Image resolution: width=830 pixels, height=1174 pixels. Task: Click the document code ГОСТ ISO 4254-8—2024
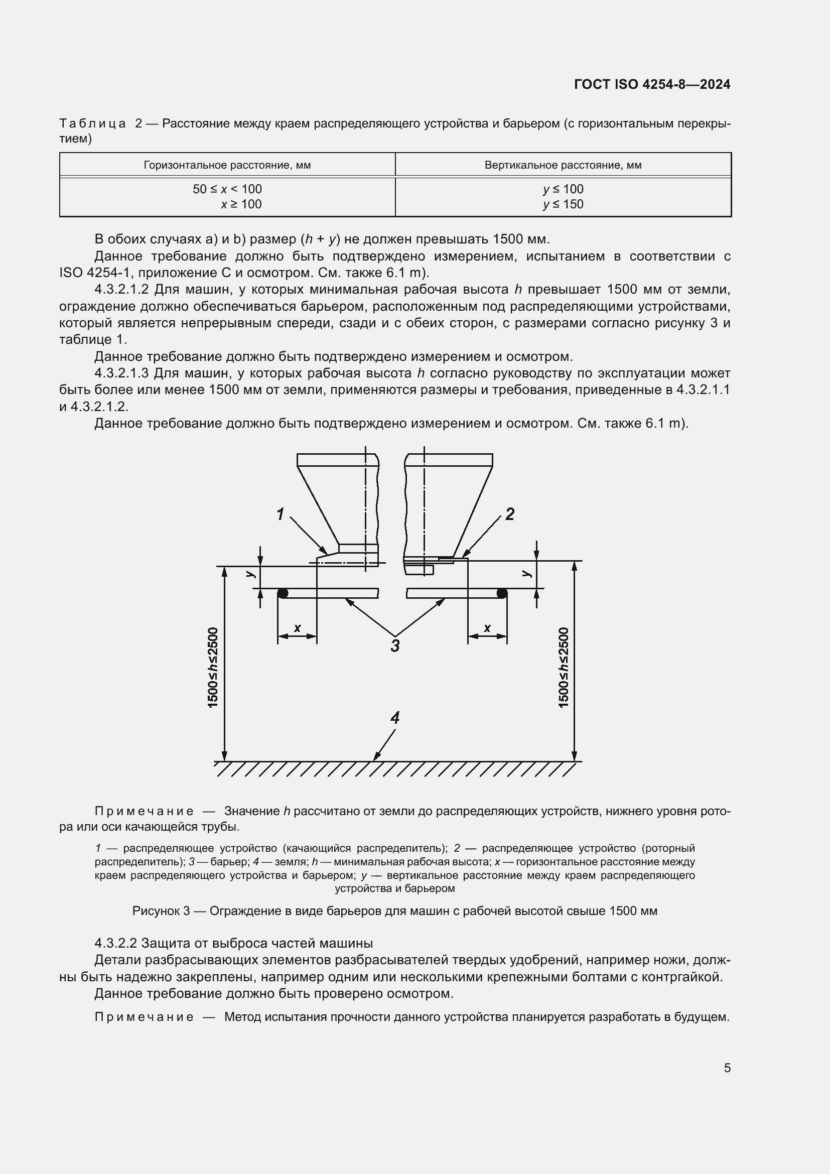(652, 84)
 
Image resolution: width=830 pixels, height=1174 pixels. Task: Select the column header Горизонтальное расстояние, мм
(227, 165)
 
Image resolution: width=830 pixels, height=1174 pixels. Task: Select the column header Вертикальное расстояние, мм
(563, 165)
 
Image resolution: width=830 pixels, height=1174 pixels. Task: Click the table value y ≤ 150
(563, 204)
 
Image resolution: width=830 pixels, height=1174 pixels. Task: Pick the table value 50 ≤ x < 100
(227, 189)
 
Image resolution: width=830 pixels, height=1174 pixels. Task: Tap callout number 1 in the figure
(280, 513)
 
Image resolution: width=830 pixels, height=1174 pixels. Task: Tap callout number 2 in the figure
(509, 513)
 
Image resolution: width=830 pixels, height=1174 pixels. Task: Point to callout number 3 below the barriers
(395, 646)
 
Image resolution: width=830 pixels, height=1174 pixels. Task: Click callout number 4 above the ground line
(395, 718)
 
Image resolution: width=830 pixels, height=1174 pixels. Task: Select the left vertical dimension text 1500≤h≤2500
(213, 667)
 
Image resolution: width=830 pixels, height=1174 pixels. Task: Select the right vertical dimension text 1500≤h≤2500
(564, 667)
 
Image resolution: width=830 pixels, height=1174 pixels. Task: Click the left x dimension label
(298, 628)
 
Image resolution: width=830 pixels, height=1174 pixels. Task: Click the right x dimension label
(487, 628)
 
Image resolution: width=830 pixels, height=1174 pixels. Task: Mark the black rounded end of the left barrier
(282, 593)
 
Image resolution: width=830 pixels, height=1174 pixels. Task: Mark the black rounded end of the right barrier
(502, 593)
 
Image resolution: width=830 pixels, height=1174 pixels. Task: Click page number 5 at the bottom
(727, 1068)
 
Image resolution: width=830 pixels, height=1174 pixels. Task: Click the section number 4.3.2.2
(115, 943)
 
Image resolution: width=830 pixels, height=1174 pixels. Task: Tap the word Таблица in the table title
(92, 124)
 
